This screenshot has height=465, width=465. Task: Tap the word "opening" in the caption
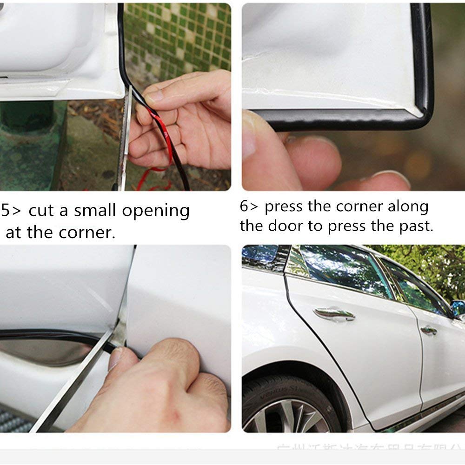(x=156, y=212)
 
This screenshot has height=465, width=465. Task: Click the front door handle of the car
(x=333, y=313)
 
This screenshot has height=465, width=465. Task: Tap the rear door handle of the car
(x=428, y=330)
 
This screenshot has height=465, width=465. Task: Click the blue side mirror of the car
(x=458, y=307)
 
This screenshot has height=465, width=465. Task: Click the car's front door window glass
(x=344, y=270)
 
